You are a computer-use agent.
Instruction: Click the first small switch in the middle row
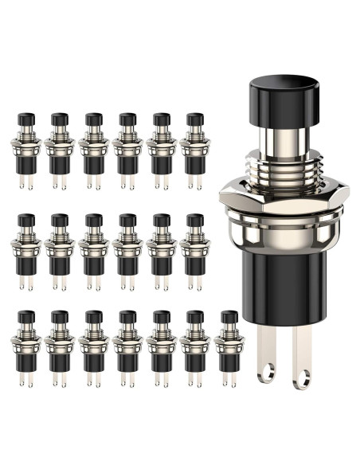coord(25,248)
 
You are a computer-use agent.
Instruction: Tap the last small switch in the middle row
coord(194,248)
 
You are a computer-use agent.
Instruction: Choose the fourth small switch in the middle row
coord(127,248)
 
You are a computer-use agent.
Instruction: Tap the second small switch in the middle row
coord(59,248)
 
